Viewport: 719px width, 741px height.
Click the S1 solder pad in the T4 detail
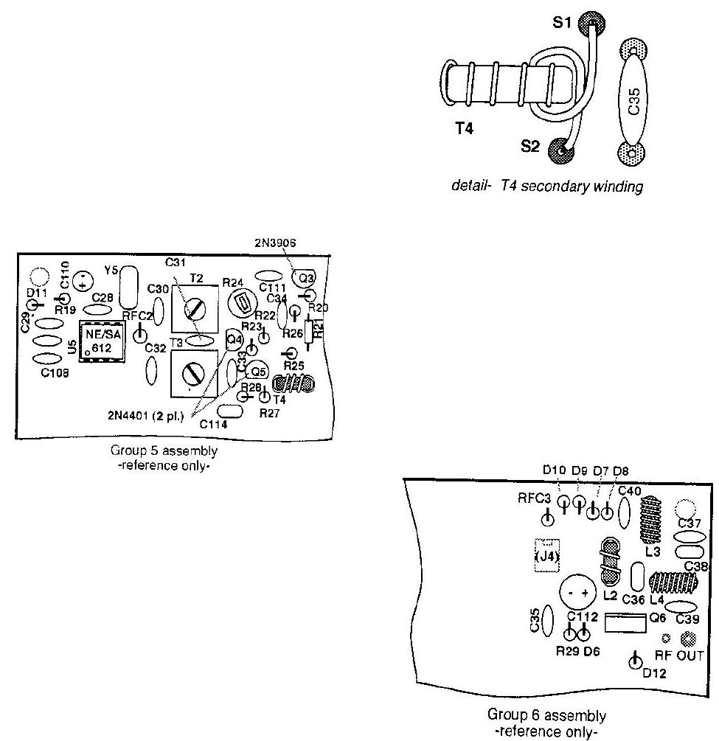coord(589,23)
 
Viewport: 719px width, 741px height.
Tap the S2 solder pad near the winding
coord(564,150)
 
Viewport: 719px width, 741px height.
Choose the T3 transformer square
coord(194,374)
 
